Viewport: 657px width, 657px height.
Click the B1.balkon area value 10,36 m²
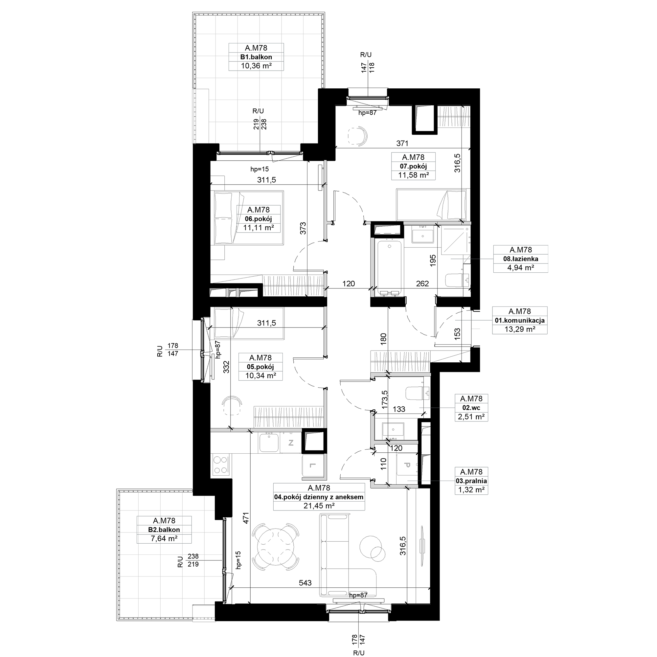pos(256,66)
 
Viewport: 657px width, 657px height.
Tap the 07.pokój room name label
pos(413,166)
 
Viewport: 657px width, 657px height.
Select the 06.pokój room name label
pos(259,219)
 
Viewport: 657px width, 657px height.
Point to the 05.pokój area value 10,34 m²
pos(261,376)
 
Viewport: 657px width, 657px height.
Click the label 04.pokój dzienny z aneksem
pos(319,497)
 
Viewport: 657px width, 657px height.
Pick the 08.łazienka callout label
pos(521,259)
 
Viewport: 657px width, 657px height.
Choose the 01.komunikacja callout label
pos(520,320)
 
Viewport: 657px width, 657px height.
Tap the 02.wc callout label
pos(471,408)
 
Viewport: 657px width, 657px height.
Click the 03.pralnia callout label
pos(471,481)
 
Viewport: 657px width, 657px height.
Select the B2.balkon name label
pos(164,530)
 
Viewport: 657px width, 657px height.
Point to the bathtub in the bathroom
pos(389,267)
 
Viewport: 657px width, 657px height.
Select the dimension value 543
pos(305,582)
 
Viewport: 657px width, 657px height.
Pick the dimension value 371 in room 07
pos(402,144)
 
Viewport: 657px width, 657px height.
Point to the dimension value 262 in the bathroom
pos(422,283)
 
